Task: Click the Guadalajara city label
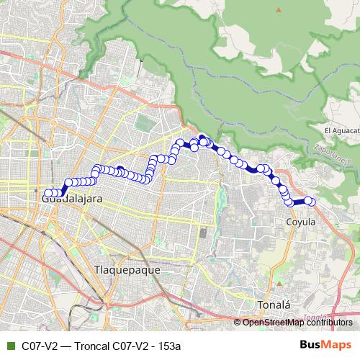click(x=72, y=199)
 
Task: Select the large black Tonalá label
click(x=274, y=304)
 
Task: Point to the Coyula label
click(x=301, y=222)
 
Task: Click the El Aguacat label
click(x=342, y=130)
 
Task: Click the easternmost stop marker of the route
click(x=309, y=201)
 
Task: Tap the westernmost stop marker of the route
click(x=48, y=193)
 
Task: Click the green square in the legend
click(x=10, y=346)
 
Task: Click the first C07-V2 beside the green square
click(x=39, y=346)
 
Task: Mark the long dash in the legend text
click(x=64, y=346)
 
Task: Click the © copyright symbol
click(x=238, y=323)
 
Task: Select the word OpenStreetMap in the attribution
click(x=273, y=323)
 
